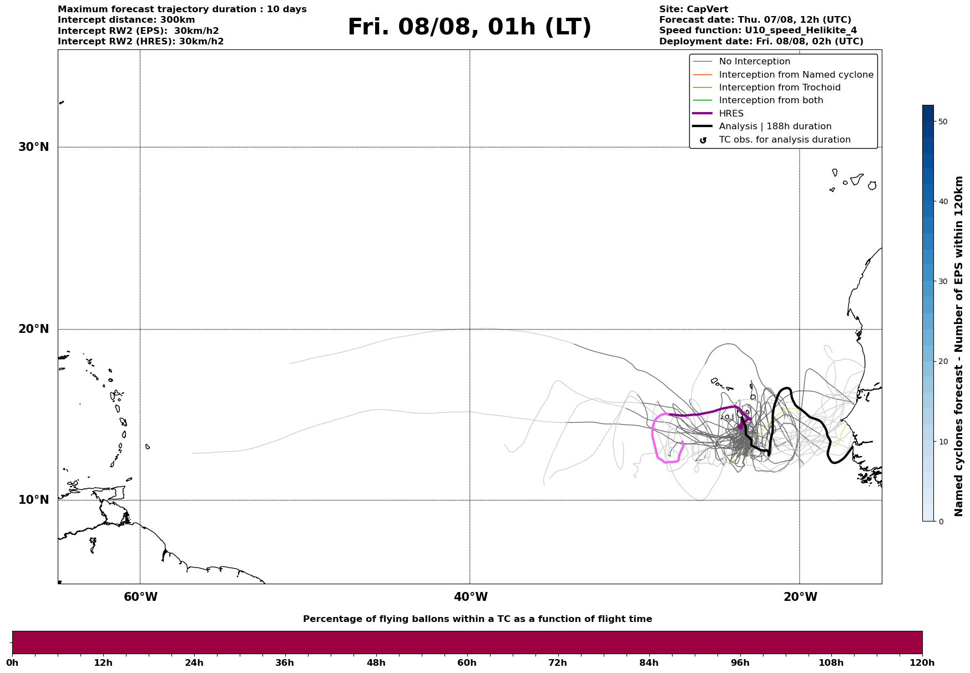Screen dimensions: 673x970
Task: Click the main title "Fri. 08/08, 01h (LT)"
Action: pyautogui.click(x=469, y=27)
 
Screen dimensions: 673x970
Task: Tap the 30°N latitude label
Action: pyautogui.click(x=33, y=147)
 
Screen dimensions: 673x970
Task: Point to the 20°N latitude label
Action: pyautogui.click(x=33, y=329)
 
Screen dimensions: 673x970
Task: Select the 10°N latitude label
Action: pyautogui.click(x=33, y=500)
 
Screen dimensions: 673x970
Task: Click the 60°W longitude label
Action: pyautogui.click(x=140, y=597)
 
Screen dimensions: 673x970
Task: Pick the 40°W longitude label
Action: pyautogui.click(x=471, y=597)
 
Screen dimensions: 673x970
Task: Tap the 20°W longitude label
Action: pyautogui.click(x=800, y=597)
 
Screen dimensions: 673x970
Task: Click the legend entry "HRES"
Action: pyautogui.click(x=731, y=114)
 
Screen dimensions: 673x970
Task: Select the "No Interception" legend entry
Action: pyautogui.click(x=754, y=62)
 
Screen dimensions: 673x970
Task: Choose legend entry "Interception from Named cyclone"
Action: pyautogui.click(x=796, y=75)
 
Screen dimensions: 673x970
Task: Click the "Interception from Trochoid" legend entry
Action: pyautogui.click(x=779, y=88)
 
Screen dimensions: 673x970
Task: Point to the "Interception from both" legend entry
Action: pyautogui.click(x=771, y=100)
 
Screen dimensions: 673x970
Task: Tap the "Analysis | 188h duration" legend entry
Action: pyautogui.click(x=775, y=126)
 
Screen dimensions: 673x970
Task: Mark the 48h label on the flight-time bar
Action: pyautogui.click(x=376, y=662)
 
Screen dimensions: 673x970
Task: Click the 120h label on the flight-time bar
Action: pyautogui.click(x=922, y=662)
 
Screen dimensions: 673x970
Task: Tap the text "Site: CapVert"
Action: pyautogui.click(x=693, y=9)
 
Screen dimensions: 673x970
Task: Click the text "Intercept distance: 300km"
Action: pyautogui.click(x=126, y=20)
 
